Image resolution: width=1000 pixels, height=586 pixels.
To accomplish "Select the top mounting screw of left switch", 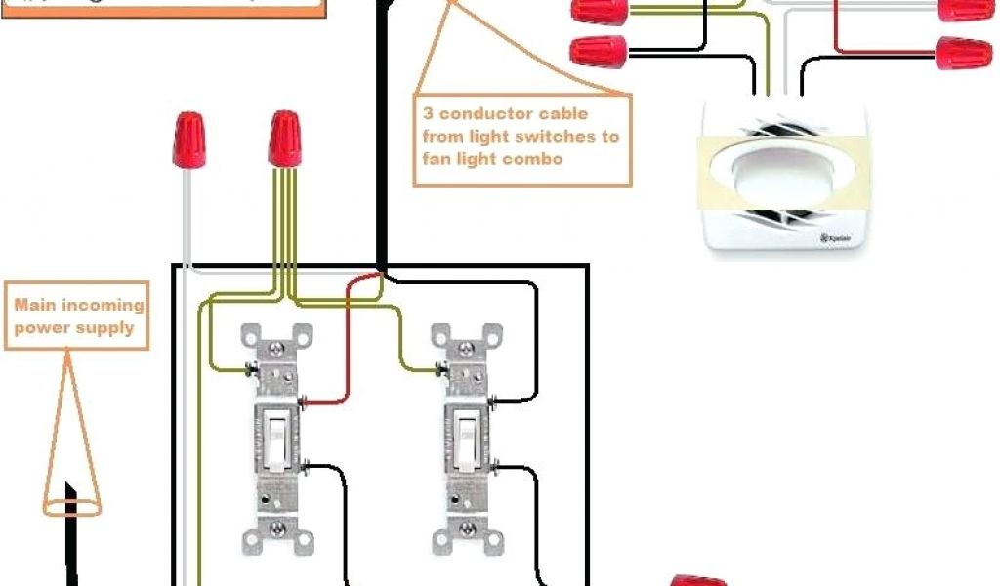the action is pos(278,346).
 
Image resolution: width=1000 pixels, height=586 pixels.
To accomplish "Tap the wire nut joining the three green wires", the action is pos(283,139).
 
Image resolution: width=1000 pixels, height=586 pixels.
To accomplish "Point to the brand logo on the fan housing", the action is pos(838,238).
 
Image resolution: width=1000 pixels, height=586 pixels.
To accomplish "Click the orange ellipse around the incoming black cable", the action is pos(70,507).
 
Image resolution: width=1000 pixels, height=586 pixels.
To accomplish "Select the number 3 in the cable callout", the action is pos(428,114).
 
